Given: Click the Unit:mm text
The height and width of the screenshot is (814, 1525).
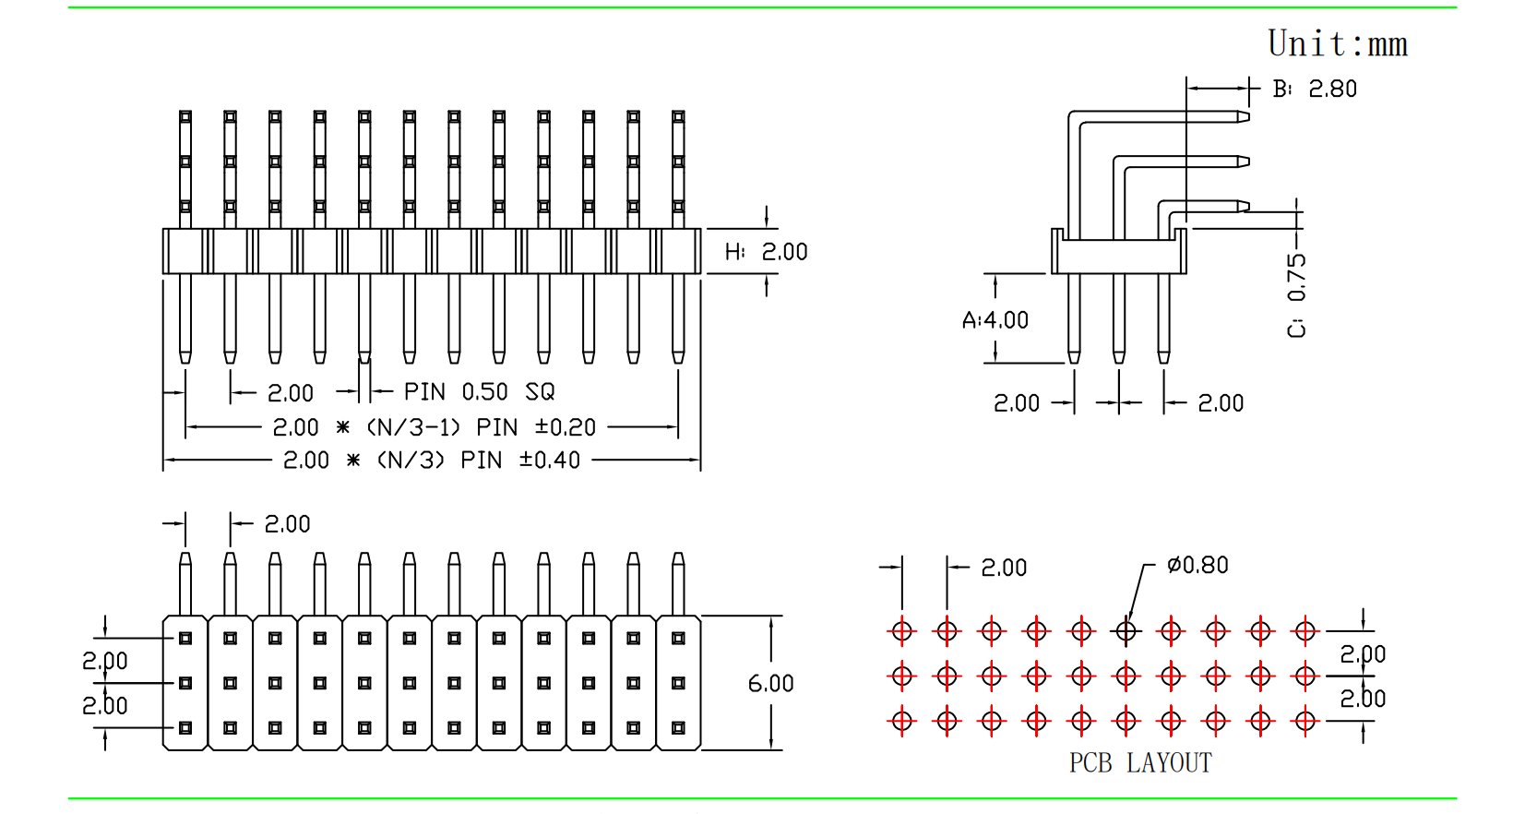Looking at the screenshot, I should (1337, 44).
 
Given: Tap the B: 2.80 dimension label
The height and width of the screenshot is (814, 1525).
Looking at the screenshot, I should (1315, 90).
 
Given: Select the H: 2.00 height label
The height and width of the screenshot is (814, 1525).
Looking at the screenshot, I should (766, 252).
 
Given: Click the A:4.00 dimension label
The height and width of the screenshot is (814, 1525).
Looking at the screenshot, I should (995, 320).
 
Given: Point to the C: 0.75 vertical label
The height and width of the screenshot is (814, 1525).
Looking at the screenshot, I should (1297, 295).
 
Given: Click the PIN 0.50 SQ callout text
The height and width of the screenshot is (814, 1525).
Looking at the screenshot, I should (479, 392).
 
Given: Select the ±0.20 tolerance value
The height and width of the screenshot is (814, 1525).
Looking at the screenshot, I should (566, 427).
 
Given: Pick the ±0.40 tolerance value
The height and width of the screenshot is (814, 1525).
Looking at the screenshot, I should (550, 461).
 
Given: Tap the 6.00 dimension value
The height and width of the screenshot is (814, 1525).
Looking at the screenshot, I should (770, 684).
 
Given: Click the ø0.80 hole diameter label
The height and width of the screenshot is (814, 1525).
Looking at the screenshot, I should (1197, 565).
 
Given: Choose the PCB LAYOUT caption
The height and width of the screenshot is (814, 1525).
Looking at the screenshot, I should (1140, 763).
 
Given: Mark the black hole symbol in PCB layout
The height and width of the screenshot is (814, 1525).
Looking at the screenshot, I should (1126, 631).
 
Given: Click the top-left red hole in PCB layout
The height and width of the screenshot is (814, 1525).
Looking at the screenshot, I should (902, 631).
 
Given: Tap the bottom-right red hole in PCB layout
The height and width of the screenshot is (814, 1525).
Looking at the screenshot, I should (1305, 721).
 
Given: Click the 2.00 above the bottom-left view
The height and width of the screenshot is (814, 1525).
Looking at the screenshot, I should (287, 524).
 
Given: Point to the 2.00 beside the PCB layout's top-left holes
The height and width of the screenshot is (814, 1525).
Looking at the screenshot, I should (1004, 568).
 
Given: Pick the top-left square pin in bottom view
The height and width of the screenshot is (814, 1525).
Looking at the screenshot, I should (185, 638).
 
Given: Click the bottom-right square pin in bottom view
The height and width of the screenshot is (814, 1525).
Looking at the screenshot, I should (678, 728).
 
